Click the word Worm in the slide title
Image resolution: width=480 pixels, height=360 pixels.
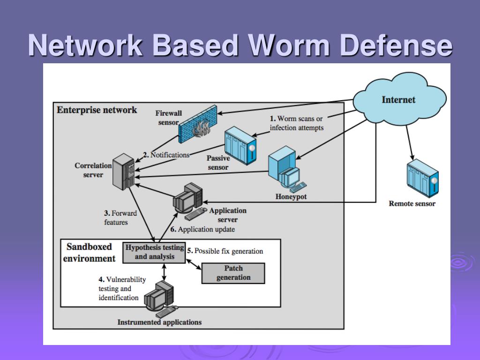pyautogui.click(x=289, y=45)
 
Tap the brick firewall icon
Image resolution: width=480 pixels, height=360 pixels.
pyautogui.click(x=198, y=124)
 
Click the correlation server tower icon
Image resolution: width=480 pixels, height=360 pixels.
pyautogui.click(x=123, y=172)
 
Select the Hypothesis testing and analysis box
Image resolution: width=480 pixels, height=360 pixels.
pyautogui.click(x=154, y=253)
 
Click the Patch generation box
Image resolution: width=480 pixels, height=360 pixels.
pyautogui.click(x=233, y=273)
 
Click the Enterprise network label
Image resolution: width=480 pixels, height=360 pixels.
pyautogui.click(x=97, y=110)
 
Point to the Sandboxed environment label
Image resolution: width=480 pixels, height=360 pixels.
pyautogui.click(x=89, y=253)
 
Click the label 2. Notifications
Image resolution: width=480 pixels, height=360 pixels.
pyautogui.click(x=166, y=155)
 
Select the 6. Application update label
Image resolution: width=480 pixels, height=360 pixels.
pyautogui.click(x=202, y=229)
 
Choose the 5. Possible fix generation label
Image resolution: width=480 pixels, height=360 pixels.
pyautogui.click(x=225, y=251)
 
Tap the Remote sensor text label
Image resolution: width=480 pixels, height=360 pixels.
pyautogui.click(x=412, y=203)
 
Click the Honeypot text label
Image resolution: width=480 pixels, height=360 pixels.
pyautogui.click(x=291, y=196)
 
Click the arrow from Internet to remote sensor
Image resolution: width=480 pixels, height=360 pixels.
pyautogui.click(x=410, y=142)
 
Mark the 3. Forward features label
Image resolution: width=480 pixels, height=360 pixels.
pyautogui.click(x=120, y=217)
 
